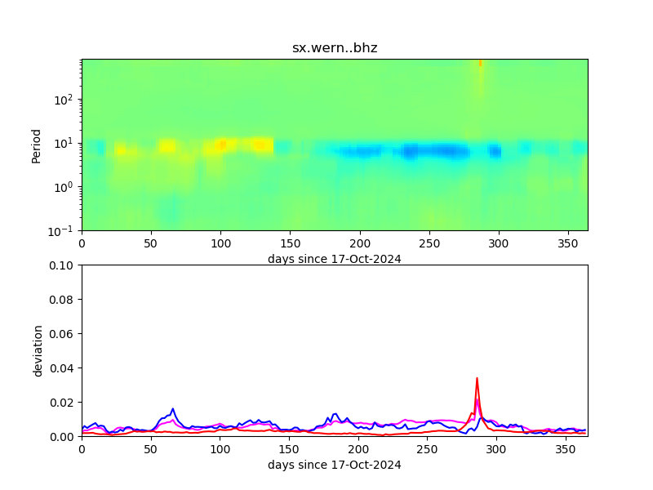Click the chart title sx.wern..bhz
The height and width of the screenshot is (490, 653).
tap(335, 48)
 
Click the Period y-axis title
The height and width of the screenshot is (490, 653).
tap(37, 145)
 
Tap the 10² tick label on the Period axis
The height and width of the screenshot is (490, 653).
tap(65, 100)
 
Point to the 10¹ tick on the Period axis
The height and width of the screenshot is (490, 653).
tap(65, 144)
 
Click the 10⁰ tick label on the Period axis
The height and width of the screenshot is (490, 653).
tap(65, 187)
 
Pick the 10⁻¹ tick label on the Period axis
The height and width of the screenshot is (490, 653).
tap(65, 231)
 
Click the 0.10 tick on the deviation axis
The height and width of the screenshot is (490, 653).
tap(63, 265)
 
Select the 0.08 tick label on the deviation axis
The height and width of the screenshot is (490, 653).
tap(63, 300)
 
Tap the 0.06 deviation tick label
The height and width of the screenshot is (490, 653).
tap(63, 334)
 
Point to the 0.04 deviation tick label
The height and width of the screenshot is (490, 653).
tap(63, 368)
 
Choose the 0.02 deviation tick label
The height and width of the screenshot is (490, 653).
tap(63, 403)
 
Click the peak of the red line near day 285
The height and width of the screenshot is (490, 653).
tap(477, 378)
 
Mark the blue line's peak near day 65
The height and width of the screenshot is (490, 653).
tap(172, 408)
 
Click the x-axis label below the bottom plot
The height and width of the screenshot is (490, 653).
tap(335, 465)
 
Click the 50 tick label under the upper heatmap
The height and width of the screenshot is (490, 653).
tap(151, 243)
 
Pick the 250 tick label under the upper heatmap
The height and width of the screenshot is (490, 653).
tap(427, 243)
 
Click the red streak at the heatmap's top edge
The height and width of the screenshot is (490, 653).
tap(480, 62)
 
